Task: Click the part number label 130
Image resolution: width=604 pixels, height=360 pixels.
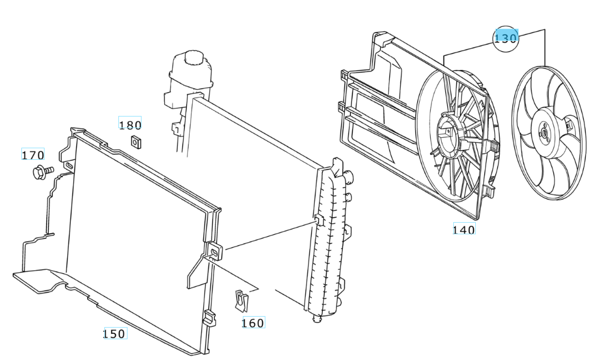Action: pyautogui.click(x=506, y=37)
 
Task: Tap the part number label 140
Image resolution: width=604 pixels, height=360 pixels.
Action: pyautogui.click(x=464, y=229)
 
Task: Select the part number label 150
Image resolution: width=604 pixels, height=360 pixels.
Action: pyautogui.click(x=114, y=333)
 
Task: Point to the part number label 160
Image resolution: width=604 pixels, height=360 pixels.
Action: pyautogui.click(x=253, y=323)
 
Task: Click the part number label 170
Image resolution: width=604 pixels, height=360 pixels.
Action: pyautogui.click(x=33, y=155)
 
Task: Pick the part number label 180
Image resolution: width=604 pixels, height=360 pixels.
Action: pyautogui.click(x=130, y=125)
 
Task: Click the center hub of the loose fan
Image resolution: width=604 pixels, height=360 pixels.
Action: pyautogui.click(x=543, y=132)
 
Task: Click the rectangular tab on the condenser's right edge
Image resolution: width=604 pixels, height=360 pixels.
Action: pyautogui.click(x=215, y=250)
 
